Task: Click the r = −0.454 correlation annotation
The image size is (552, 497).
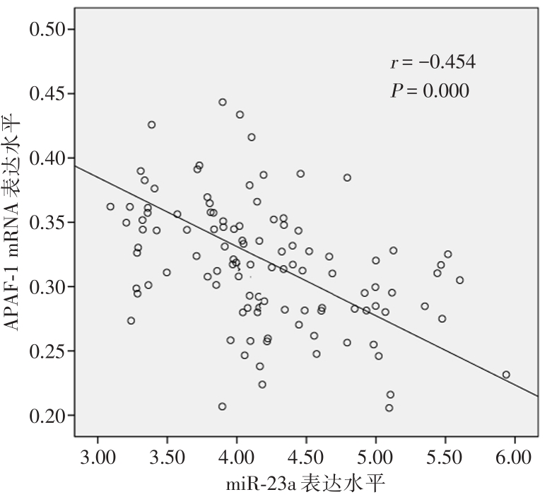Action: [x=433, y=62]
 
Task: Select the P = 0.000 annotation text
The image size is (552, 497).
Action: [x=430, y=90]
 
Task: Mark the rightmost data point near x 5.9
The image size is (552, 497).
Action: [x=506, y=375]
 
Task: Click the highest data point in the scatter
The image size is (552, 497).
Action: [x=222, y=102]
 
